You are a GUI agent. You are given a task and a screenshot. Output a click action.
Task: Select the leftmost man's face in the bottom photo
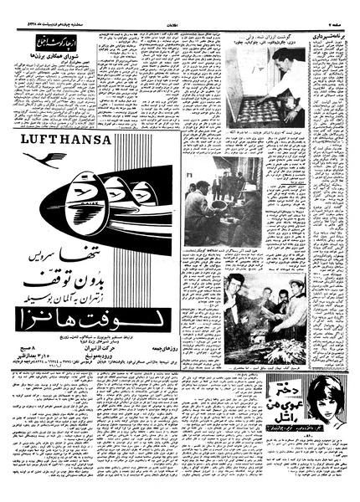(x=238, y=282)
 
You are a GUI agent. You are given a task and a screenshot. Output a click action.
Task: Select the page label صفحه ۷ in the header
(x=338, y=8)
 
